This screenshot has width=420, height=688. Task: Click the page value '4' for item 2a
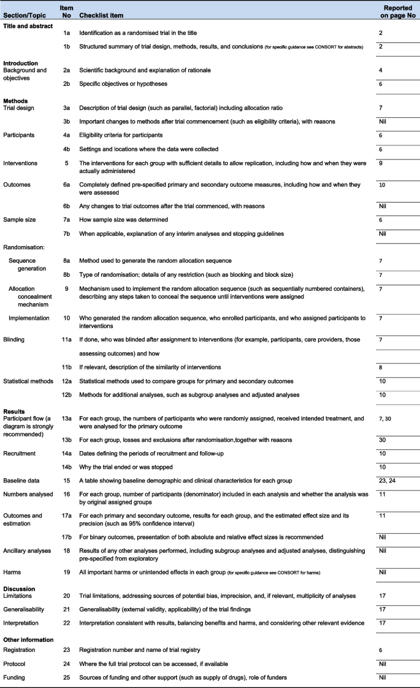point(381,71)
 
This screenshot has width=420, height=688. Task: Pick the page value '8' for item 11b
point(381,367)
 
